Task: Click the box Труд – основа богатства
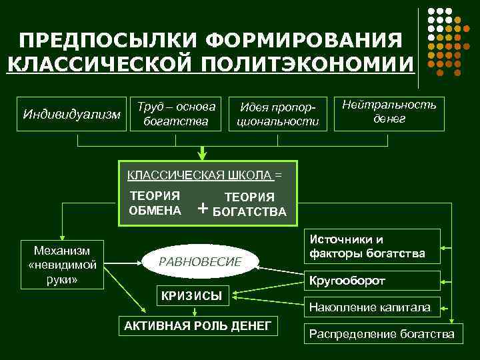176,113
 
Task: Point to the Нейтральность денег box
389,111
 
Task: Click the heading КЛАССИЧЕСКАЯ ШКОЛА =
204,175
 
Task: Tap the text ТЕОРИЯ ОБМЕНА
155,203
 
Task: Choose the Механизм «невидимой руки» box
62,264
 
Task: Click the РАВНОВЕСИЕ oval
199,262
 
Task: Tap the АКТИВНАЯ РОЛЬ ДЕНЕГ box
198,325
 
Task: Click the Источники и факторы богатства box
373,247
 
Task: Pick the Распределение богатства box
383,334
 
